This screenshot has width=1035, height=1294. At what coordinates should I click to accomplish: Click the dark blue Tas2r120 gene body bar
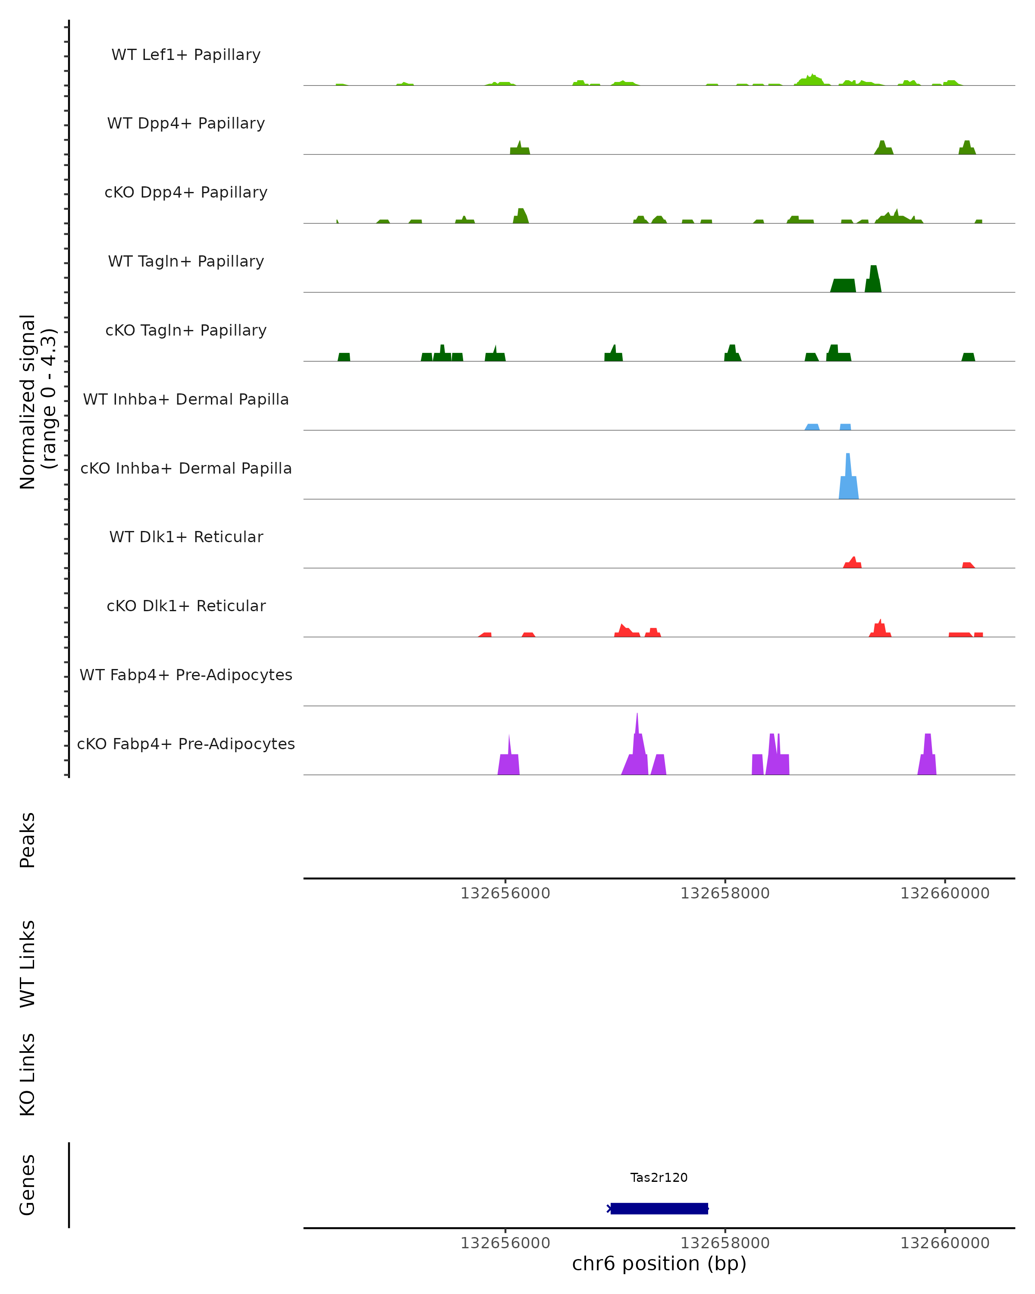(659, 1208)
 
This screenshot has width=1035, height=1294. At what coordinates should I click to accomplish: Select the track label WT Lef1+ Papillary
(186, 55)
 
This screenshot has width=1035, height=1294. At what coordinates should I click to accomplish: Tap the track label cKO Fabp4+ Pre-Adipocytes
(186, 744)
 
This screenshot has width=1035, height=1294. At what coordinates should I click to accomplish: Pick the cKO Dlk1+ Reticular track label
(186, 606)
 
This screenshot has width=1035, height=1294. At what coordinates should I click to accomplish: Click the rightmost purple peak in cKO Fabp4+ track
(927, 756)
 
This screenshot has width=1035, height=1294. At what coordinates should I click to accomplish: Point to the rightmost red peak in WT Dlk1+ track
(967, 565)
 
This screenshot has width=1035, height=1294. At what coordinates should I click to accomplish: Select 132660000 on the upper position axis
(944, 893)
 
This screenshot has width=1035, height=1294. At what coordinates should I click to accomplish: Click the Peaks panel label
(28, 840)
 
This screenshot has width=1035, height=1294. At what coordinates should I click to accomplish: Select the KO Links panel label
(28, 1074)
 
